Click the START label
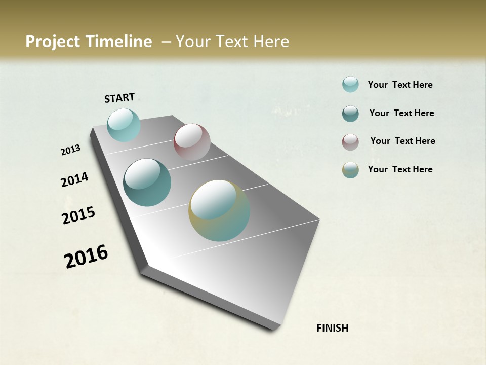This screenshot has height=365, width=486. coord(119,98)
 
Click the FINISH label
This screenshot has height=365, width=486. coord(332,328)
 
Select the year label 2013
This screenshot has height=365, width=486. coord(71,150)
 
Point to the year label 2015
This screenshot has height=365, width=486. coord(78,215)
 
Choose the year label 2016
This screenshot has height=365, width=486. coord(86,256)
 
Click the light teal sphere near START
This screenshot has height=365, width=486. coord(124,125)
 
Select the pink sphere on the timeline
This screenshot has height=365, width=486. coord(192,142)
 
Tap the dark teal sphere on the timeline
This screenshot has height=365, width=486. coord(147,182)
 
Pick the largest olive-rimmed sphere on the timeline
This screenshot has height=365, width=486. coord(219,210)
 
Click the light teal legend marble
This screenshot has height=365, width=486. coord(350,85)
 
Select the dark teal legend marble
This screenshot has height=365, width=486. coord(350,114)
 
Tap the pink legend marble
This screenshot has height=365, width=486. coord(350,142)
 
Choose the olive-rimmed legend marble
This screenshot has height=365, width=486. coord(350,170)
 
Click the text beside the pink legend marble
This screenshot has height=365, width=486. coord(402,141)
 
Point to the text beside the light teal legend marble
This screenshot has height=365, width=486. coord(400,85)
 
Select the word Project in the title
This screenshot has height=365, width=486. coord(52,42)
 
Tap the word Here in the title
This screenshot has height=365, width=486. coord(271,42)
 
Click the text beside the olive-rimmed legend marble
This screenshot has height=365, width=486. coord(400,169)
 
